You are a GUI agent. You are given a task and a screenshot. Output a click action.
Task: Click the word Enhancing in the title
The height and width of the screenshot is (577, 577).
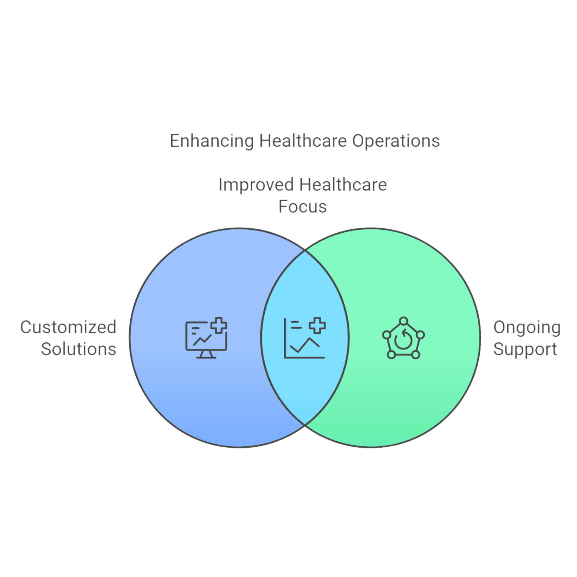pos(212,141)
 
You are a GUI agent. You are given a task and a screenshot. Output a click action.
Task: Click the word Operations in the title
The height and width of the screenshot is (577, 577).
pos(396,141)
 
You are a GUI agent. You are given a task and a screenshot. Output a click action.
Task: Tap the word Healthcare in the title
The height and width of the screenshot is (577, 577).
pos(303,141)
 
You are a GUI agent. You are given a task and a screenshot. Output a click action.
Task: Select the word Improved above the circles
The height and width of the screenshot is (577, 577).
pos(256,185)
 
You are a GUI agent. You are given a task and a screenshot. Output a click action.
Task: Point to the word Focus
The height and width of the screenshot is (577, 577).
pos(302,207)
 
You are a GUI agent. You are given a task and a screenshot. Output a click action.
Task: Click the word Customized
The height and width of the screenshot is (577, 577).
pos(68,327)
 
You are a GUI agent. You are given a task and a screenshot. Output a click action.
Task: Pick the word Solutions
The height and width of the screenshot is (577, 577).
pos(79,349)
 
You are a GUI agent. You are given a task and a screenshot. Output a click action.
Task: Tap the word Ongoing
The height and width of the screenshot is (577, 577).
pos(527,328)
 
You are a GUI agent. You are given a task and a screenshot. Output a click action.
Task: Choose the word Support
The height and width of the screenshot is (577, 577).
pos(525,349)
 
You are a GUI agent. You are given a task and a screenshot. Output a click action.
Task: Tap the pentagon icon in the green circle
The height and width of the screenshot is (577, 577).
pos(403,338)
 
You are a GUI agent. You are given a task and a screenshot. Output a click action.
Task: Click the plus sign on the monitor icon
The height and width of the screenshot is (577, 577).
pos(219,325)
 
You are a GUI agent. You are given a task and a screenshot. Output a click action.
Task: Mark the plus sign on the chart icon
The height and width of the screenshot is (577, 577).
pos(317,326)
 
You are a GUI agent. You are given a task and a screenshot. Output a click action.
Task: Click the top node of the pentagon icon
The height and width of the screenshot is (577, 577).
pos(403,321)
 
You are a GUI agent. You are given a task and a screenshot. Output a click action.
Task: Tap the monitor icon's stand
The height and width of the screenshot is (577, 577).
pos(206,354)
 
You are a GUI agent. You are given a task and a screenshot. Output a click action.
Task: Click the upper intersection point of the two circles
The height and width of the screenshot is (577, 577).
pos(305,250)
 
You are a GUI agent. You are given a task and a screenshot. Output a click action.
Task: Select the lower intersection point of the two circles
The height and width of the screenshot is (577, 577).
pos(305,425)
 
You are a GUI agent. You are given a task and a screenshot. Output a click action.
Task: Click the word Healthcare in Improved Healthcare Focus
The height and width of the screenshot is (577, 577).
pos(343,185)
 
